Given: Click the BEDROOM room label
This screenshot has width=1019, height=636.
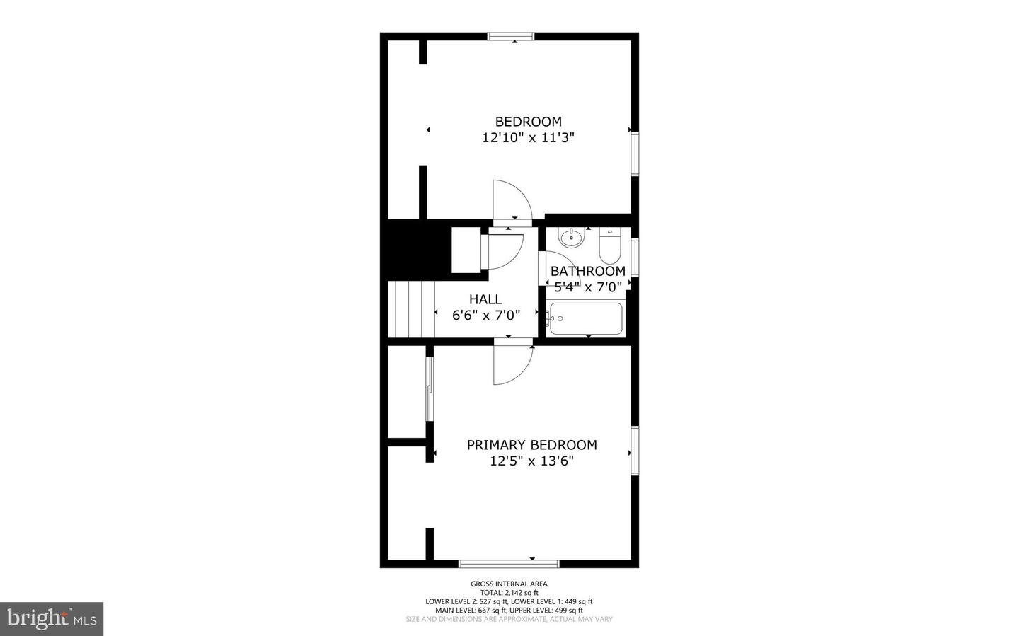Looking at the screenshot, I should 528,122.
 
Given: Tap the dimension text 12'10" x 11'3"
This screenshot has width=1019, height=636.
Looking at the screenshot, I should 528,138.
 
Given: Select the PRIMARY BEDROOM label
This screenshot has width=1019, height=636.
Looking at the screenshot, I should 531,445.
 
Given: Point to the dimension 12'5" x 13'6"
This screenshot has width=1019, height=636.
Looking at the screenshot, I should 531,461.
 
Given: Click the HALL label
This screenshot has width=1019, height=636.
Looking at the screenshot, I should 485,299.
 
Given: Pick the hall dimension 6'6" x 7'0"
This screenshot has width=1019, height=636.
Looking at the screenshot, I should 486,316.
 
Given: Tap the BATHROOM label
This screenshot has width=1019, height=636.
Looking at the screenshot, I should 587,271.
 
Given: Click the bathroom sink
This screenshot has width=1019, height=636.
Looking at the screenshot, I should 570,238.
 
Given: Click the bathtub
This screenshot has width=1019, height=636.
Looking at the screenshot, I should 586,319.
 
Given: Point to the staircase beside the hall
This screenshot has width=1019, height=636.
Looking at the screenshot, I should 410,310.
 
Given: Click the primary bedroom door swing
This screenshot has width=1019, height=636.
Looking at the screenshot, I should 512,364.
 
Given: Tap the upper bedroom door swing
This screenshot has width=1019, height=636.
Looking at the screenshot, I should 512,200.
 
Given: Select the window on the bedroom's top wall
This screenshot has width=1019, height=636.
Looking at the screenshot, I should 511,37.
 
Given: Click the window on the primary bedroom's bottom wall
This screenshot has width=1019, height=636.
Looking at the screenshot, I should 509,564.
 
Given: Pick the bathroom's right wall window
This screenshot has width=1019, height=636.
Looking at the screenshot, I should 635,258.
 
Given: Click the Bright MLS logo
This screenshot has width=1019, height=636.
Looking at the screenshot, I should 52,619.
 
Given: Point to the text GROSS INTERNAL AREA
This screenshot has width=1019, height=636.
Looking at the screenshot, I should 509,584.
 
